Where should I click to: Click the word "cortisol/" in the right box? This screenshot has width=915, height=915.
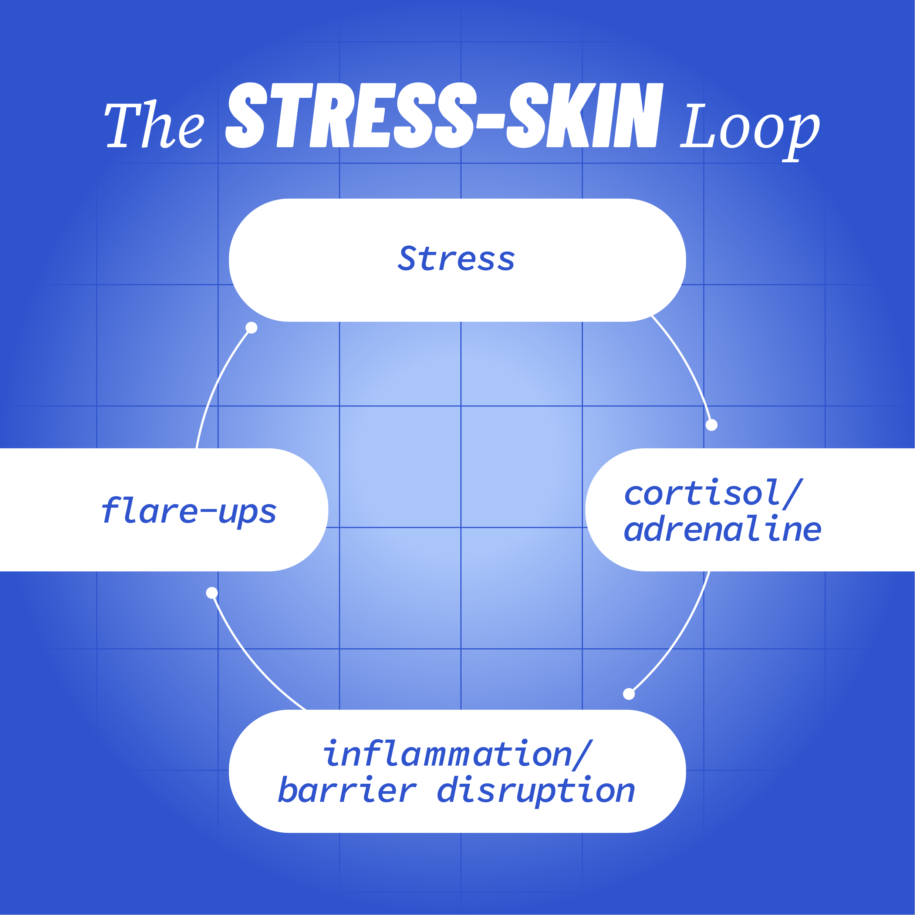tap(713, 493)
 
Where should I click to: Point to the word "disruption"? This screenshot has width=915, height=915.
tap(536, 792)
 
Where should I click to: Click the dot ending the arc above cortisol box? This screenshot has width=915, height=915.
tap(711, 425)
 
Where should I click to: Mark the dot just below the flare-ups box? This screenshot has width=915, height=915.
tap(212, 593)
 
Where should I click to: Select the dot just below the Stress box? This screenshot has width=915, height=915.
tap(251, 328)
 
